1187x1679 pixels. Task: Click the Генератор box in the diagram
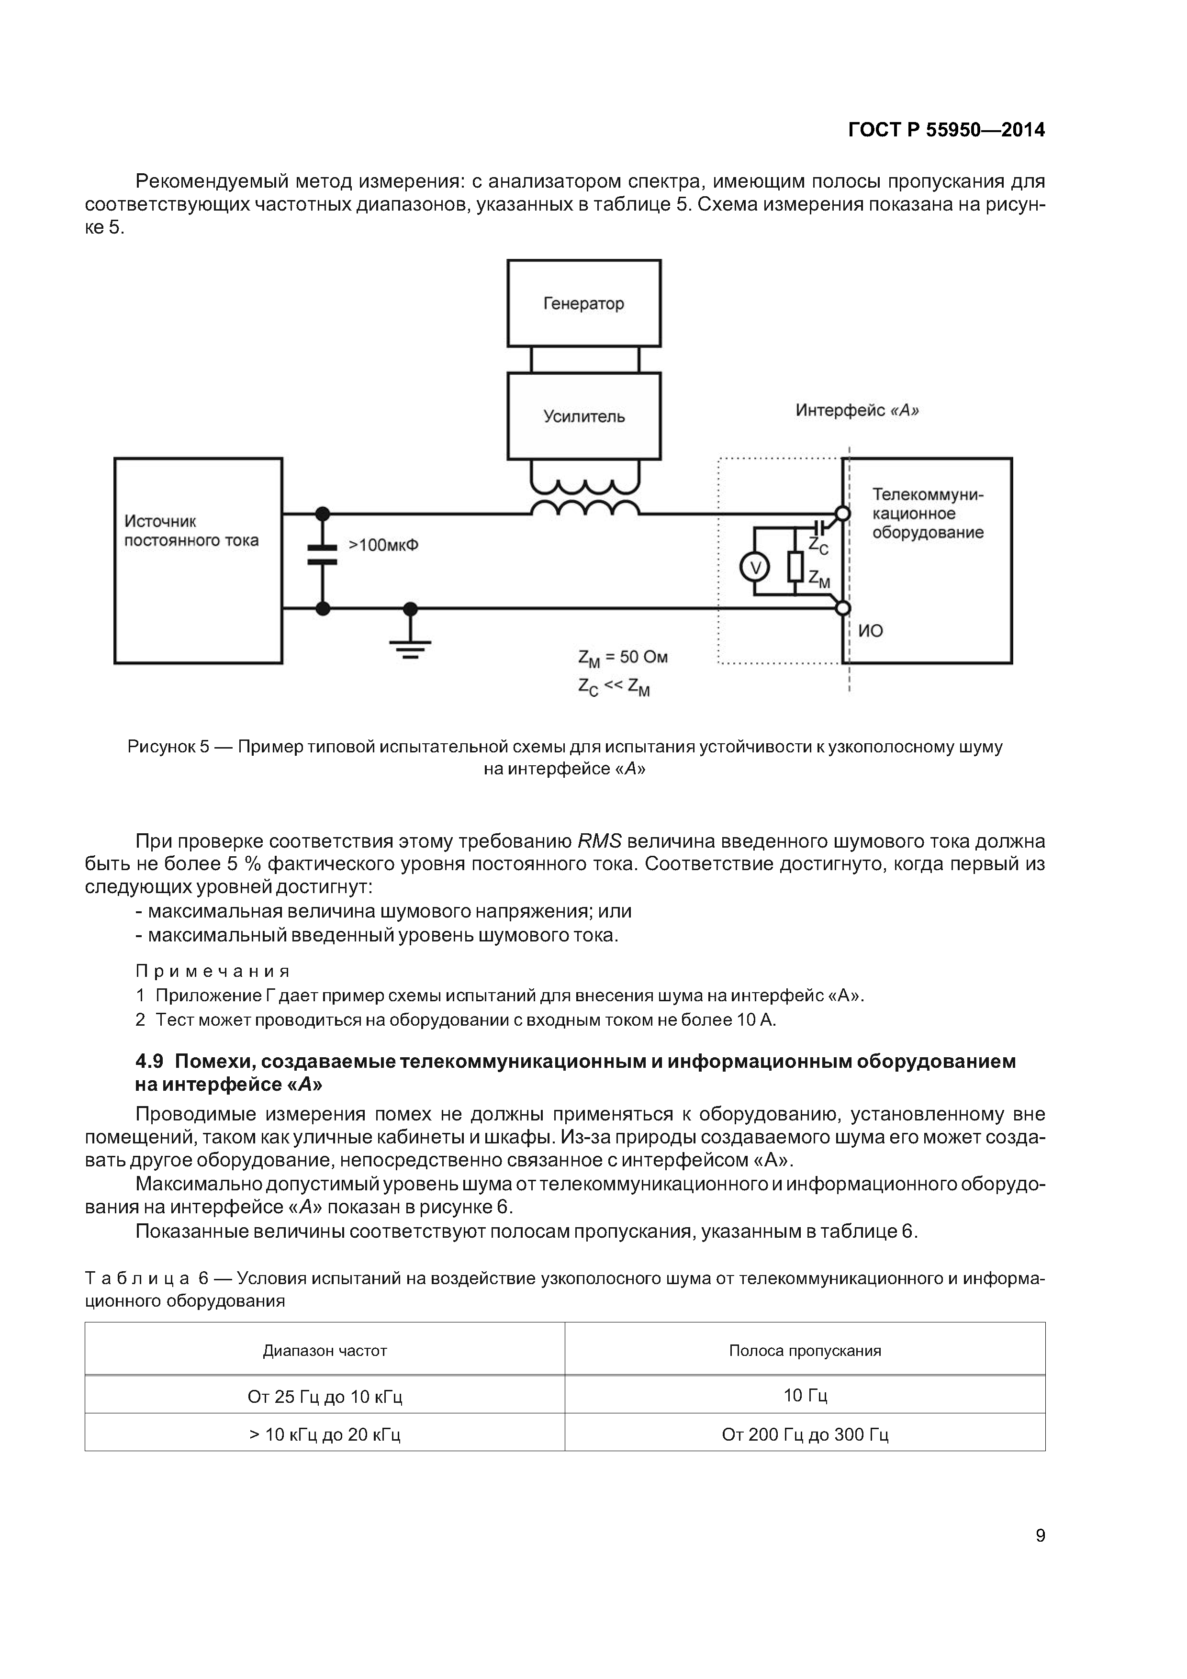coord(583,303)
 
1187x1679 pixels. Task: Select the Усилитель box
coord(583,416)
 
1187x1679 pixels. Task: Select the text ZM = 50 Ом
coord(622,658)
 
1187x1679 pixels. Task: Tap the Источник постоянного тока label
coord(191,531)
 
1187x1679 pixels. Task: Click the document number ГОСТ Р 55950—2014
coord(946,130)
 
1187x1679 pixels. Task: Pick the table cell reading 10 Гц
coord(805,1396)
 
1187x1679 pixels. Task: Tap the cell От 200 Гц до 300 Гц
coord(805,1435)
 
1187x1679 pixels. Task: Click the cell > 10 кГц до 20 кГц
coord(325,1435)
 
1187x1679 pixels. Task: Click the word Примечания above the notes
coord(213,971)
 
